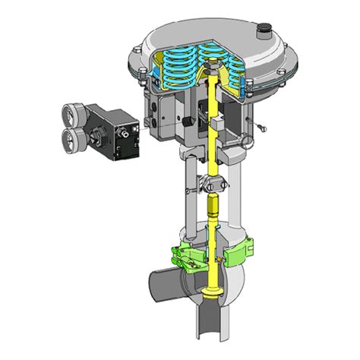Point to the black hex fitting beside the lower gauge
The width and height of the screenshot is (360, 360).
pos(95,139)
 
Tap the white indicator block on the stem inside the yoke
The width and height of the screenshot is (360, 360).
pos(216,122)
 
